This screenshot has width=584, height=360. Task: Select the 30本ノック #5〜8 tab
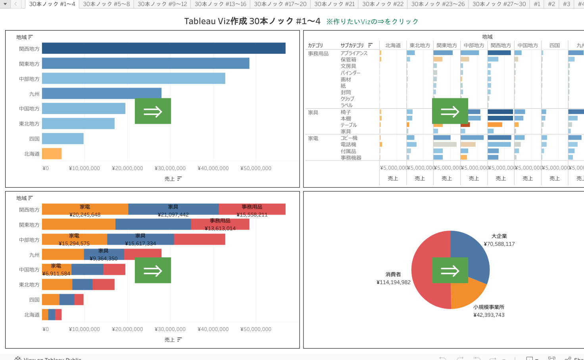(x=106, y=4)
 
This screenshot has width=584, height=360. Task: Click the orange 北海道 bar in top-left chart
(x=52, y=153)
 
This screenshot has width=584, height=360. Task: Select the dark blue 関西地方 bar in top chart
(x=163, y=48)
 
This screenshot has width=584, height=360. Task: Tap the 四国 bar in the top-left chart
(x=63, y=138)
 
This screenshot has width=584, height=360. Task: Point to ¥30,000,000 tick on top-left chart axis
(x=170, y=168)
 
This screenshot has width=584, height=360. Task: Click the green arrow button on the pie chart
(x=450, y=270)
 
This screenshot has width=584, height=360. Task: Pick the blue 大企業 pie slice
(x=470, y=254)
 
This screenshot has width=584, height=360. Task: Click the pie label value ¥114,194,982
(x=394, y=282)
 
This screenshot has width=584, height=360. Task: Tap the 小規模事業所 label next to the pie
(x=489, y=307)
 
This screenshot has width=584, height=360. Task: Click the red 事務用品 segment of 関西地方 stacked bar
(x=252, y=209)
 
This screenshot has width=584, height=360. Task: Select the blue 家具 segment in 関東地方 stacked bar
(x=153, y=224)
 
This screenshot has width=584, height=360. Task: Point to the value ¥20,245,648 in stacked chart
(x=85, y=214)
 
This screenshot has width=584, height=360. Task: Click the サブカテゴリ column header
(x=352, y=45)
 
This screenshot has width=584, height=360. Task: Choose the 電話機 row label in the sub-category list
(x=348, y=145)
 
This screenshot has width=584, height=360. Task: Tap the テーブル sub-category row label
(x=349, y=125)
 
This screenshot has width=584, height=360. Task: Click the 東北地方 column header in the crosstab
(x=420, y=45)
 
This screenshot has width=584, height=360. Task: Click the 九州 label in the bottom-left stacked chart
(x=34, y=255)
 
